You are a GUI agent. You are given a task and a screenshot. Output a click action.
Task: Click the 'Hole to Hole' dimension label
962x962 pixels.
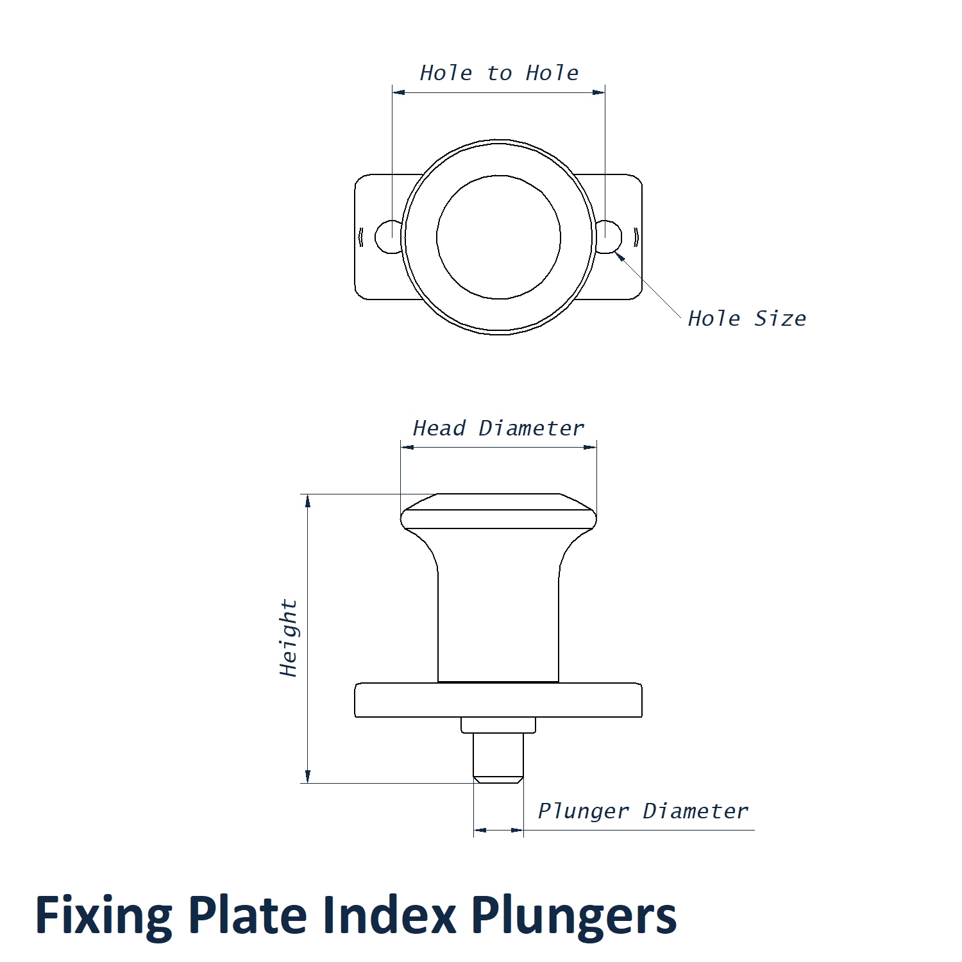[499, 73]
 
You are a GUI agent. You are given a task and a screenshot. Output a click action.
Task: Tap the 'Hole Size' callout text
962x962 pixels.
[747, 318]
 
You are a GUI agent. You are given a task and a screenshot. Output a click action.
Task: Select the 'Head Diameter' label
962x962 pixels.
[498, 428]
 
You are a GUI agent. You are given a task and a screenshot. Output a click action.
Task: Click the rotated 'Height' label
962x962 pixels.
[289, 638]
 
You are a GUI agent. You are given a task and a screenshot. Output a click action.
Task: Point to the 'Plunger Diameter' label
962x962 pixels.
[643, 811]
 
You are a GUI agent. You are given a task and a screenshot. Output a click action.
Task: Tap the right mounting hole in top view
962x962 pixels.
[610, 237]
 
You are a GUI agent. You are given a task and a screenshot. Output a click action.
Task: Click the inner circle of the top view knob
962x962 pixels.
[498, 237]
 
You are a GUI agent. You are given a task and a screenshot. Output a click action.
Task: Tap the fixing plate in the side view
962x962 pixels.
[498, 700]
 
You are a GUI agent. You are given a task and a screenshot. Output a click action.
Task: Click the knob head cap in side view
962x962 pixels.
[498, 511]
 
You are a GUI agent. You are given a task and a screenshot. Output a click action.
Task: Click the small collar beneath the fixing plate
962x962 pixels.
[498, 725]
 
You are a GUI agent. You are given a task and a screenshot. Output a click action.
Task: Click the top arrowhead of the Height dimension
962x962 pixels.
[308, 500]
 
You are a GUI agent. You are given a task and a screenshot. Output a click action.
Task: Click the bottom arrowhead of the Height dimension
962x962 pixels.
[308, 777]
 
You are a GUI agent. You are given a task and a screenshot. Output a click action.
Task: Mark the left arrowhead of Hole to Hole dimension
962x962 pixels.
[398, 92]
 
